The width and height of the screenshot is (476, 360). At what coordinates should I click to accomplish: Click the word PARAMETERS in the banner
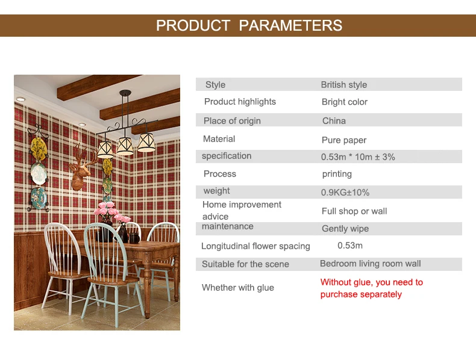pos(290,25)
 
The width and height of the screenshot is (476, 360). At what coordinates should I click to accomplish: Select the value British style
pos(344,85)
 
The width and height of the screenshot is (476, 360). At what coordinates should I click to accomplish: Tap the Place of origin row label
pos(232,121)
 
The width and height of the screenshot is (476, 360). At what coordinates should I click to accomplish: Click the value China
pos(334,121)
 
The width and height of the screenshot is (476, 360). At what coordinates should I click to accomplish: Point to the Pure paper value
pos(344,140)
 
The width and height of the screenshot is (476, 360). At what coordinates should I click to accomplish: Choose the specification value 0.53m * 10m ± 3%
pos(358,157)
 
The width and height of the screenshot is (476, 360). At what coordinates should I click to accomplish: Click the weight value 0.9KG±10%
pos(345,192)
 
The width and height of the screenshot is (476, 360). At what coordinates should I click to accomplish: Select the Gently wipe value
pos(345,228)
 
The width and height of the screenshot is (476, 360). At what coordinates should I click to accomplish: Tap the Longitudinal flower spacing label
pos(255,246)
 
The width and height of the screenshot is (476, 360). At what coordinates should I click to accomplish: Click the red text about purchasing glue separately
pos(372,288)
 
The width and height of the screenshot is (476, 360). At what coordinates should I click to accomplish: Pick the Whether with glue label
pos(237,288)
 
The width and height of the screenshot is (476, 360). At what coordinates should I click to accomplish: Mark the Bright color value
pos(345,102)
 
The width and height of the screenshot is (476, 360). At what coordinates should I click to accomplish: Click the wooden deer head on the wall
pos(81,169)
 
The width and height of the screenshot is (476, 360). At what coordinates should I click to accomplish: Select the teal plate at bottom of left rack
pos(39,197)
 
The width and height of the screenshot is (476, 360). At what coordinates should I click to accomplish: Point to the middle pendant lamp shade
pos(125,146)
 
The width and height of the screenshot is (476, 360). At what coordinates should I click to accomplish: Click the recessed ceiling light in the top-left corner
pos(20,99)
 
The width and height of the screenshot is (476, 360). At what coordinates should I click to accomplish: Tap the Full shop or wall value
pos(354,211)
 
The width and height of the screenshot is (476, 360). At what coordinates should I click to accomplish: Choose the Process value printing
pos(337,174)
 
